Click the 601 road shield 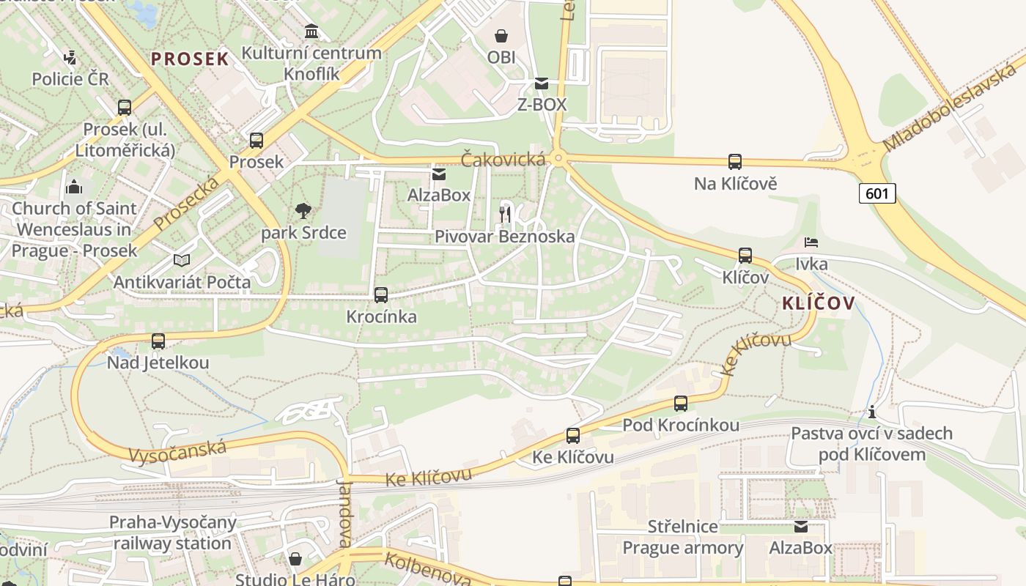click(876, 193)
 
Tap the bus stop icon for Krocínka click(381, 295)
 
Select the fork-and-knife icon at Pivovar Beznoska click(504, 214)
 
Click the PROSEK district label click(191, 59)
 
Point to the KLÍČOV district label click(819, 303)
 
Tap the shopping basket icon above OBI click(501, 35)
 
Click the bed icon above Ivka click(811, 242)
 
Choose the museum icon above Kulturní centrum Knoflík click(311, 31)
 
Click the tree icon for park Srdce click(303, 211)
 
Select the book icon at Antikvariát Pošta click(182, 260)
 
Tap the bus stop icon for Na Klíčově click(735, 162)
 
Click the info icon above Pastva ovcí click(872, 412)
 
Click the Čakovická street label click(503, 159)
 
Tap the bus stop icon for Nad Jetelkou click(158, 341)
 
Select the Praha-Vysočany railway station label click(173, 533)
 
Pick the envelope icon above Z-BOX click(542, 84)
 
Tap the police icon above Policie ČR click(70, 57)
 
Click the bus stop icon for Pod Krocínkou click(681, 403)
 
